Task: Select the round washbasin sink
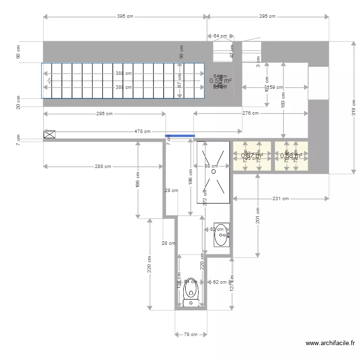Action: (222, 234)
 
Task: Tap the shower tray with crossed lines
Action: (214, 171)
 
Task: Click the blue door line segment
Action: (180, 136)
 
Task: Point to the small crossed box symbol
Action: (49, 134)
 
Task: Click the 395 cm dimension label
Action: (125, 16)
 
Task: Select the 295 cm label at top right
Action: (267, 16)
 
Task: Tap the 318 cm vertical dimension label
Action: (354, 108)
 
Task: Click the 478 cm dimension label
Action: (142, 131)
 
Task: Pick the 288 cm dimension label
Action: (103, 167)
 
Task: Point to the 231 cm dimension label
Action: (280, 198)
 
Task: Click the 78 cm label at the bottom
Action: (191, 334)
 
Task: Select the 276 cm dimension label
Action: (251, 113)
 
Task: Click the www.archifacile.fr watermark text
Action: (330, 343)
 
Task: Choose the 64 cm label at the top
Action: (220, 36)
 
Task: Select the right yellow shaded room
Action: (291, 156)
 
